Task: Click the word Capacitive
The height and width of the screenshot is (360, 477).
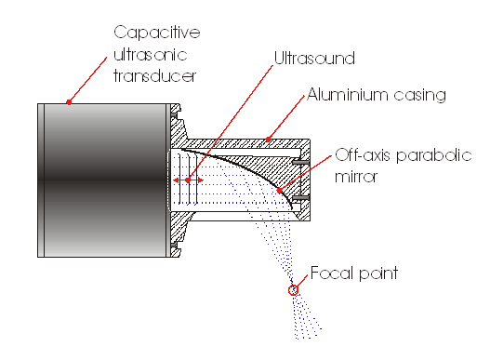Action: [x=157, y=33]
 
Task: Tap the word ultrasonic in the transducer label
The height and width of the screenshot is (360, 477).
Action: [x=151, y=55]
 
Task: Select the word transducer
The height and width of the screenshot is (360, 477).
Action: [x=155, y=76]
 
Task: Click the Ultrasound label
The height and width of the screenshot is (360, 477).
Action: [x=314, y=58]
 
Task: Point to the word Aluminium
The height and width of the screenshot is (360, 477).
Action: [x=347, y=94]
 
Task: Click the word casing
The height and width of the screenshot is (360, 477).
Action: [x=419, y=95]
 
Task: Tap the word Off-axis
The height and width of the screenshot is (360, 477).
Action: [x=363, y=154]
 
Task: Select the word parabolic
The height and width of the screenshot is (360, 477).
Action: [x=434, y=155]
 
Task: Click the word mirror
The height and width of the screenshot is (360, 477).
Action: [x=356, y=177]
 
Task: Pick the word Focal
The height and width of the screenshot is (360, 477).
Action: [x=332, y=273]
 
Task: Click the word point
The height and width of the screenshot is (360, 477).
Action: [x=378, y=273]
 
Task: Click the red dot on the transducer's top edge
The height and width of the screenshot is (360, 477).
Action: [x=69, y=101]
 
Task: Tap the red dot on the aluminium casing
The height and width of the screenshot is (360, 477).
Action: [x=269, y=140]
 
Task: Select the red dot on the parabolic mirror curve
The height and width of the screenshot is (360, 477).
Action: [x=280, y=190]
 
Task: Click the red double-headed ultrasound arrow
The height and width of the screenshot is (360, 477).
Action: [x=188, y=180]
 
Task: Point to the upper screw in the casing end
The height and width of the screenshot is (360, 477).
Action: [x=300, y=162]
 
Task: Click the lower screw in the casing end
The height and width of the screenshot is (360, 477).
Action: [x=300, y=198]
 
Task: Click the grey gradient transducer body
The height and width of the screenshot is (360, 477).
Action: [x=104, y=180]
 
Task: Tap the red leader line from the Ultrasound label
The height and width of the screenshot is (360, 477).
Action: [x=231, y=123]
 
